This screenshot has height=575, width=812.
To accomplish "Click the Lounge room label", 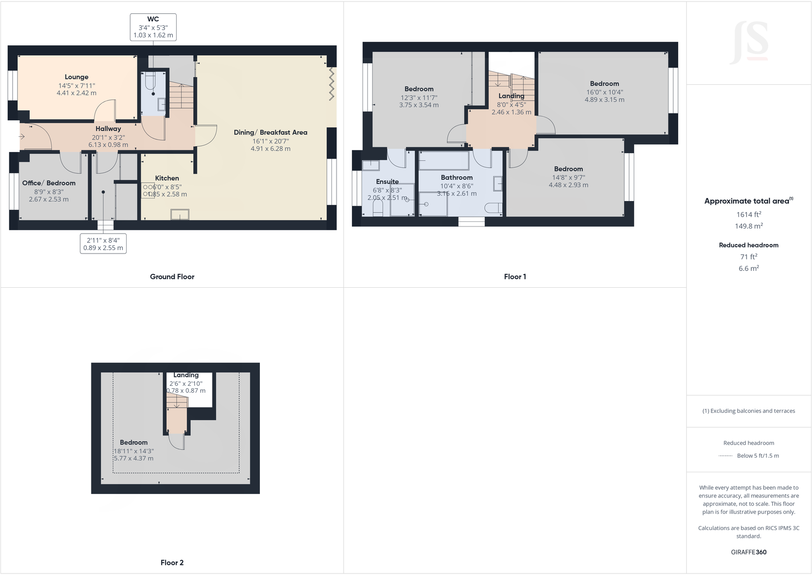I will click(x=77, y=77).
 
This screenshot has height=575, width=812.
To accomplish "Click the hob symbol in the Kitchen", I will click(x=148, y=190).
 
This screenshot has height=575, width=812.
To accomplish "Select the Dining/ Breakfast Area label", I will click(x=270, y=132).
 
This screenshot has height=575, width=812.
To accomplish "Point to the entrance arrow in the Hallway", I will click(x=22, y=136).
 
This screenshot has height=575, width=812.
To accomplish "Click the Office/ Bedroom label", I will click(x=49, y=183).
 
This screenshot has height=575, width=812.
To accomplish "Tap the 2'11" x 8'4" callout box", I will click(x=103, y=244).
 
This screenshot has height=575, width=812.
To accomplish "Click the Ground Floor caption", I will click(x=172, y=277).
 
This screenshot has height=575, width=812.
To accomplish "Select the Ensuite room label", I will click(x=387, y=182).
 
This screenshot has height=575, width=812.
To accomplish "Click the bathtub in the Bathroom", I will click(x=443, y=161).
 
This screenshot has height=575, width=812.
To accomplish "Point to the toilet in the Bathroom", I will click(x=493, y=208).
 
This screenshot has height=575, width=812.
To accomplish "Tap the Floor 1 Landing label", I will click(x=511, y=96).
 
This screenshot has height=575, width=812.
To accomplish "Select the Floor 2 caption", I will click(x=172, y=562).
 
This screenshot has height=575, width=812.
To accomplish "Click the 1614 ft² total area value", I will click(x=749, y=215).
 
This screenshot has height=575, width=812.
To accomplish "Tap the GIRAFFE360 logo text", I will click(x=749, y=552).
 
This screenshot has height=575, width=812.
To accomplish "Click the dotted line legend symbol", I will click(x=725, y=456).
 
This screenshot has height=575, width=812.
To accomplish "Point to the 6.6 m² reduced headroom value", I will click(x=749, y=268).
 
